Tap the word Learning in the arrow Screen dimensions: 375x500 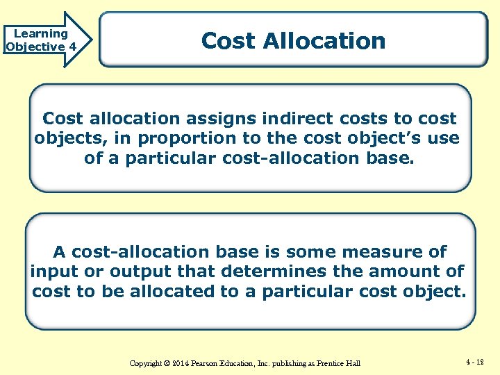coord(41,33)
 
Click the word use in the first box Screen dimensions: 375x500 coord(444,138)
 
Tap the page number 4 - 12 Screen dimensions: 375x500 coord(476,362)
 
